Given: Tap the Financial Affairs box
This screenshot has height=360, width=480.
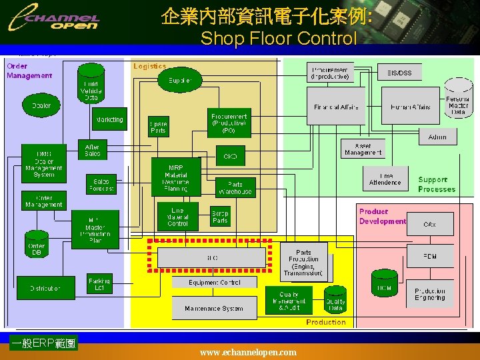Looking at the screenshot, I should click(x=336, y=107).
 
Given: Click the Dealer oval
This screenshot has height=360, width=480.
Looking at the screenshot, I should click(x=41, y=105).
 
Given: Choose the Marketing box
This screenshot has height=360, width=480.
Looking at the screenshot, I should click(x=109, y=119).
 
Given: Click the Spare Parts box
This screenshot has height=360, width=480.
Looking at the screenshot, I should click(x=158, y=126).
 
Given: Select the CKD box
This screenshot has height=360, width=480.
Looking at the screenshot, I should click(x=230, y=157).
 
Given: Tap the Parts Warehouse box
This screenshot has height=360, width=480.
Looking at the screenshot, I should click(x=235, y=187).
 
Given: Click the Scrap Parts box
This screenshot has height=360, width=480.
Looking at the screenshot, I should click(x=220, y=217).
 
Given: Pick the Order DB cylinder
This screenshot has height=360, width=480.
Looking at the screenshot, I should click(x=37, y=246).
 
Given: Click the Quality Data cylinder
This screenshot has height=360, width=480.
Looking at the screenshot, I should click(x=335, y=301).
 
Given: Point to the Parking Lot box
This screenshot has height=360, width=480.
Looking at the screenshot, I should click(x=99, y=284).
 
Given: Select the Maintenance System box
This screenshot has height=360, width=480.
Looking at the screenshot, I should click(x=213, y=309).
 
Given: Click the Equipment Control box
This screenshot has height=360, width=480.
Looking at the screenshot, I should click(x=213, y=282).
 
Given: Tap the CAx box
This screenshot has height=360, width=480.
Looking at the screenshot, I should click(x=429, y=225).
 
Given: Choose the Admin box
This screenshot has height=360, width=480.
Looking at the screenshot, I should click(x=437, y=137).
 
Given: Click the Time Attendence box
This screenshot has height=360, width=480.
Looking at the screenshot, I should click(x=385, y=179).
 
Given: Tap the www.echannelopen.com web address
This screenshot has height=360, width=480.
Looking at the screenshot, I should click(x=248, y=352).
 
